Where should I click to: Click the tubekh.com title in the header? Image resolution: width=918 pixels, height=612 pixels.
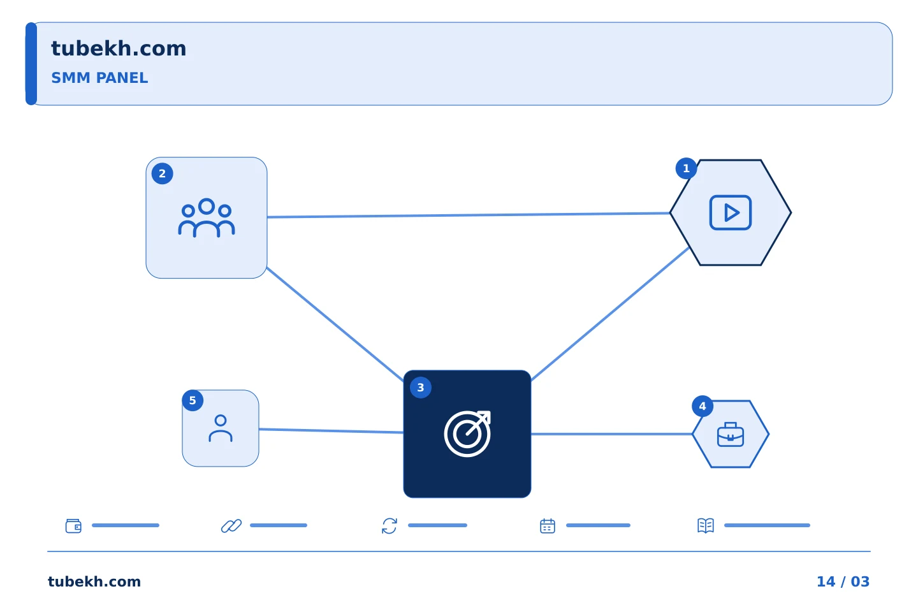point(119,48)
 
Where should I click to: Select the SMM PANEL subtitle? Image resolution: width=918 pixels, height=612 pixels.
point(99,78)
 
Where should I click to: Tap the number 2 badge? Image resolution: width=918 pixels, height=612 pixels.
point(163,174)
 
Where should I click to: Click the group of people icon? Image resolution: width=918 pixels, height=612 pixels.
point(207,217)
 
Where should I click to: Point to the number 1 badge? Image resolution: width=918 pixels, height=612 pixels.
point(686,168)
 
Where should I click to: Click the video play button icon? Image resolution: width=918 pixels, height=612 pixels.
point(731,213)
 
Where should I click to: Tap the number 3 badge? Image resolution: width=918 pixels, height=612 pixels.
point(421,388)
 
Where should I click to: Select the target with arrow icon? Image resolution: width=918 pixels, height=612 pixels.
point(468,433)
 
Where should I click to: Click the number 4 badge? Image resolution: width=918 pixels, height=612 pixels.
point(703,407)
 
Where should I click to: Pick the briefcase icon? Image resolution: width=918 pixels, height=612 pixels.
point(731,435)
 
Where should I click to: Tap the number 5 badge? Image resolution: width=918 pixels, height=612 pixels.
point(193,400)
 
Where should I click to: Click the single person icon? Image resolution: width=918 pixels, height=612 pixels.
point(221,428)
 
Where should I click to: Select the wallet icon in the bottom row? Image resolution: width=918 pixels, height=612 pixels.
point(74,526)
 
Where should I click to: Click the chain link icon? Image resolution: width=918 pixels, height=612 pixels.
point(231,526)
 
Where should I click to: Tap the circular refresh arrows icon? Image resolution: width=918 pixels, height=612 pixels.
point(390,526)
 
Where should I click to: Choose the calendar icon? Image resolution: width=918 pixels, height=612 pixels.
point(548,526)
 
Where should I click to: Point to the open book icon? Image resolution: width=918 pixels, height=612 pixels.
point(706,525)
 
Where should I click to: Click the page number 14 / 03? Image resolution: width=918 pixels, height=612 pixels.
point(843,581)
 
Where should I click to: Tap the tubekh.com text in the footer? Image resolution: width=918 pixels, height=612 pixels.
point(94,581)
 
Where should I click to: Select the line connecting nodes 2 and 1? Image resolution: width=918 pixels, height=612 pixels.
point(469,215)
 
